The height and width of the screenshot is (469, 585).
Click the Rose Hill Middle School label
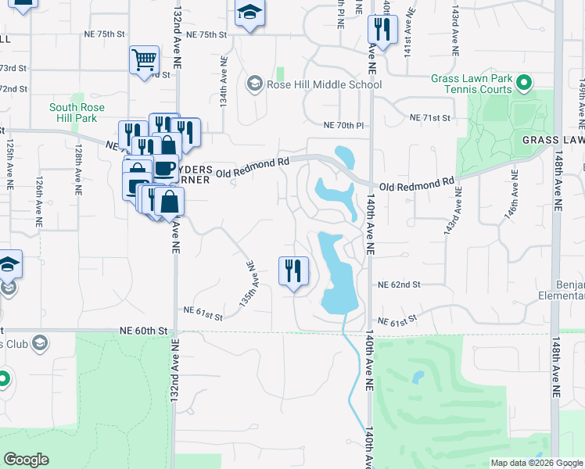pyautogui.click(x=325, y=84)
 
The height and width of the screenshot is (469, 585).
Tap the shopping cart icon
pyautogui.click(x=144, y=59)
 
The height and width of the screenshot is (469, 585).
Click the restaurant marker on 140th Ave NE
pyautogui.click(x=382, y=30)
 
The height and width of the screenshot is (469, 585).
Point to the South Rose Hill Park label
pyautogui.click(x=73, y=113)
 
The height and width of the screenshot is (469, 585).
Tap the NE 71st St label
pyautogui.click(x=431, y=118)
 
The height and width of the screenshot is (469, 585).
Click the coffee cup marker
pyautogui.click(x=164, y=168)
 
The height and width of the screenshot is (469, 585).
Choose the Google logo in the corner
pyautogui.click(x=26, y=460)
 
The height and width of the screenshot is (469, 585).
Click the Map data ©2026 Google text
pyautogui.click(x=536, y=463)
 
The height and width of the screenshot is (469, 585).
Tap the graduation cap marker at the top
pyautogui.click(x=249, y=13)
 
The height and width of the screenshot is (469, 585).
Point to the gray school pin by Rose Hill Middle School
pyautogui.click(x=253, y=84)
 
